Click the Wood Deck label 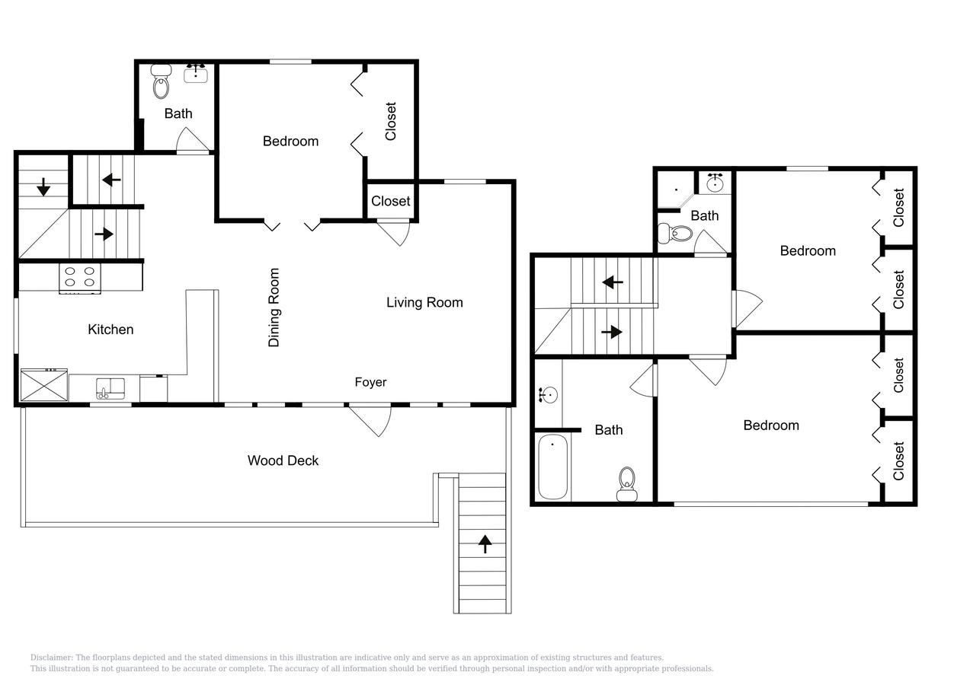click(x=283, y=460)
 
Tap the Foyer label click(x=370, y=382)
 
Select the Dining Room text click(x=274, y=307)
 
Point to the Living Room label click(x=424, y=302)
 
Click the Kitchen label click(x=110, y=330)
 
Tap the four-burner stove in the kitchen click(x=80, y=277)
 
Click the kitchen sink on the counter click(x=110, y=388)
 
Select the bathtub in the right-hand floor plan click(x=553, y=467)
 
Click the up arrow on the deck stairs click(x=485, y=543)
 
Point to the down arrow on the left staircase click(x=43, y=186)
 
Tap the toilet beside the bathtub click(x=626, y=484)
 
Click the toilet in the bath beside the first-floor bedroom click(x=161, y=81)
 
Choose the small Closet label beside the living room click(x=391, y=201)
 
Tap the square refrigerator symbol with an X click(x=44, y=384)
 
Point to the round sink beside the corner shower click(x=715, y=183)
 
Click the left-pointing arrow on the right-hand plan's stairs click(x=613, y=282)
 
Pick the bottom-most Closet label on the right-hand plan click(x=898, y=461)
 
